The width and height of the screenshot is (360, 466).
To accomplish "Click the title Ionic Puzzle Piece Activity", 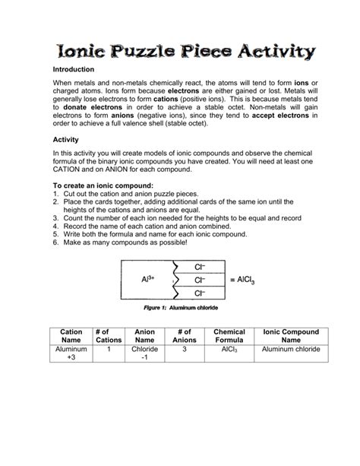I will tap(179, 52).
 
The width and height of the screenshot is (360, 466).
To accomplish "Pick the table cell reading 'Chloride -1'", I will tap(144, 354).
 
